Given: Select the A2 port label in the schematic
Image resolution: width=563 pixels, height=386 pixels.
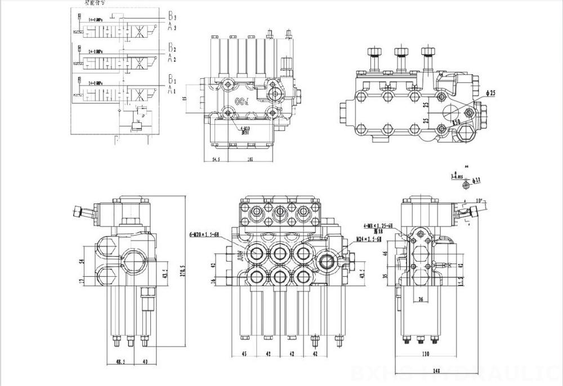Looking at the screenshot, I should (171, 58).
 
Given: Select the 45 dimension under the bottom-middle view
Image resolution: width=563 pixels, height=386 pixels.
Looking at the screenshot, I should (244, 354).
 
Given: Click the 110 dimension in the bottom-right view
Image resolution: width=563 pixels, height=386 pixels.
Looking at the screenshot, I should (426, 354).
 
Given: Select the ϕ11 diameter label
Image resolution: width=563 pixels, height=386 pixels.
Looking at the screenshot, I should (476, 180).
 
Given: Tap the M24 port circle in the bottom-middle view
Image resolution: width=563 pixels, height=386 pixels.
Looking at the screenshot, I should (328, 259).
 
